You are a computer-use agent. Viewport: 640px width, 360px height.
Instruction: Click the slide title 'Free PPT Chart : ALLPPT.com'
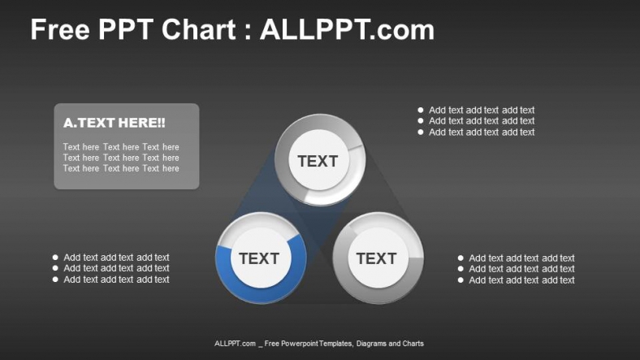tap(232, 30)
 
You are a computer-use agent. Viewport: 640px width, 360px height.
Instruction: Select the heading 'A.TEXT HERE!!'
tap(114, 123)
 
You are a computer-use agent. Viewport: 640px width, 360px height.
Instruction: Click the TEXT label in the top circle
tap(318, 161)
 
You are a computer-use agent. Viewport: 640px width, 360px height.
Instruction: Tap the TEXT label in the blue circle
tap(259, 258)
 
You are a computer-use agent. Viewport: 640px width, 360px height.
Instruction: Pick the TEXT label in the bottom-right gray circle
tap(376, 258)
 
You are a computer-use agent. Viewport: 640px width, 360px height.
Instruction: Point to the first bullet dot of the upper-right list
tap(421, 110)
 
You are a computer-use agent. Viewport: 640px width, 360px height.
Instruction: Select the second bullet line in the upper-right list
tap(482, 121)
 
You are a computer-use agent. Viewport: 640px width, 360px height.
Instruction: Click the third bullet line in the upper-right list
tap(482, 132)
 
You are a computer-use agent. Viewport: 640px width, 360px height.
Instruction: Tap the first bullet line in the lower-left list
tap(116, 258)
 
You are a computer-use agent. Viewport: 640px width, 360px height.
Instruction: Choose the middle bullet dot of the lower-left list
tap(55, 268)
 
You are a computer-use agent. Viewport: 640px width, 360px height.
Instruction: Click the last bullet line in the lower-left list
tap(116, 280)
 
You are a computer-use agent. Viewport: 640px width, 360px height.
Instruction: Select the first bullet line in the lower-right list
tap(521, 258)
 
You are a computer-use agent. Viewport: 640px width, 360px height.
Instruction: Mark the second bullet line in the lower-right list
tap(521, 269)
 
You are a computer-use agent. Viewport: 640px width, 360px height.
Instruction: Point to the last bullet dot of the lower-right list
tap(461, 280)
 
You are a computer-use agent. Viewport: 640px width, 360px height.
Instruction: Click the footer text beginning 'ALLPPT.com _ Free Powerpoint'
tap(319, 344)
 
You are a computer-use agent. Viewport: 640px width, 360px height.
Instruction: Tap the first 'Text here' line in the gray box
tap(121, 147)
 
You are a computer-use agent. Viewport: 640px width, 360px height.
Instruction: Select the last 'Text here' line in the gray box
tap(121, 168)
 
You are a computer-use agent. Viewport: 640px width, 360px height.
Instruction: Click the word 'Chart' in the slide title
tap(207, 30)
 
